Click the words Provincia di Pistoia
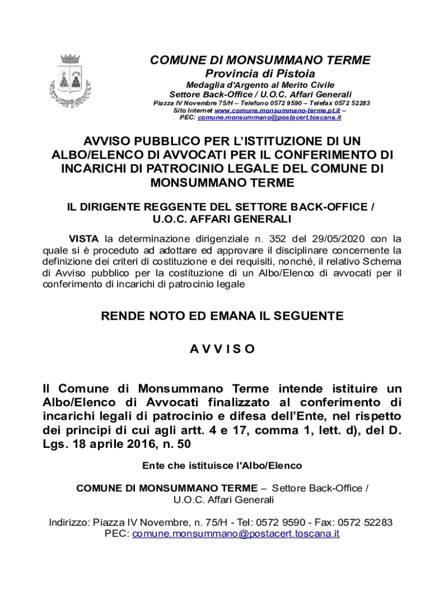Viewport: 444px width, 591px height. pos(260,74)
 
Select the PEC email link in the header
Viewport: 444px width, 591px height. pos(269,117)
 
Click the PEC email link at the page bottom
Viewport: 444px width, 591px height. pos(236,534)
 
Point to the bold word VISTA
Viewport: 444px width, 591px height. pos(84,239)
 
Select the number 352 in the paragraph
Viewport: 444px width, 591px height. pos(265,239)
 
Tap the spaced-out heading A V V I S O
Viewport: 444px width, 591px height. pos(222,349)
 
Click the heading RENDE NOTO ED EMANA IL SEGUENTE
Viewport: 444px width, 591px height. pos(222,316)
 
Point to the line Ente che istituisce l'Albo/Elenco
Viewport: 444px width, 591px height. pos(222,465)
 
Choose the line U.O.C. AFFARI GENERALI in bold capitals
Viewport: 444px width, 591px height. pos(222,219)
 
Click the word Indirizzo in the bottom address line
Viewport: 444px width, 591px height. pos(69,523)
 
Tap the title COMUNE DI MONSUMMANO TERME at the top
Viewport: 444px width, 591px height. pos(260,61)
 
